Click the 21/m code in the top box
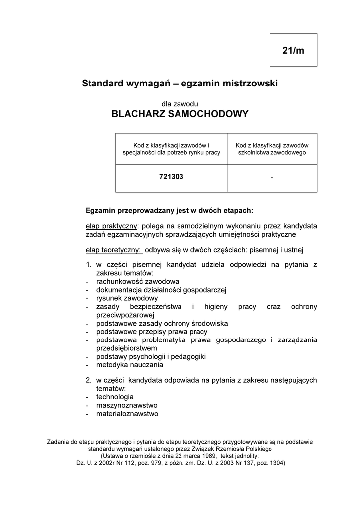(293, 50)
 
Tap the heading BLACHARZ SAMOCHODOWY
(180, 114)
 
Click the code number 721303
(171, 176)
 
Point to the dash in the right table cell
(272, 176)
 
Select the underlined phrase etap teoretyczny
(113, 250)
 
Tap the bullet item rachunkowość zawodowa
(131, 281)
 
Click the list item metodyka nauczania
(129, 365)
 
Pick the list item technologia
(115, 397)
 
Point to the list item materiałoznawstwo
(127, 413)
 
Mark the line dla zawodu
(180, 104)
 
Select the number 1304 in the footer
(275, 462)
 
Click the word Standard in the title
(101, 84)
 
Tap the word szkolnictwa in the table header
(264, 152)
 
